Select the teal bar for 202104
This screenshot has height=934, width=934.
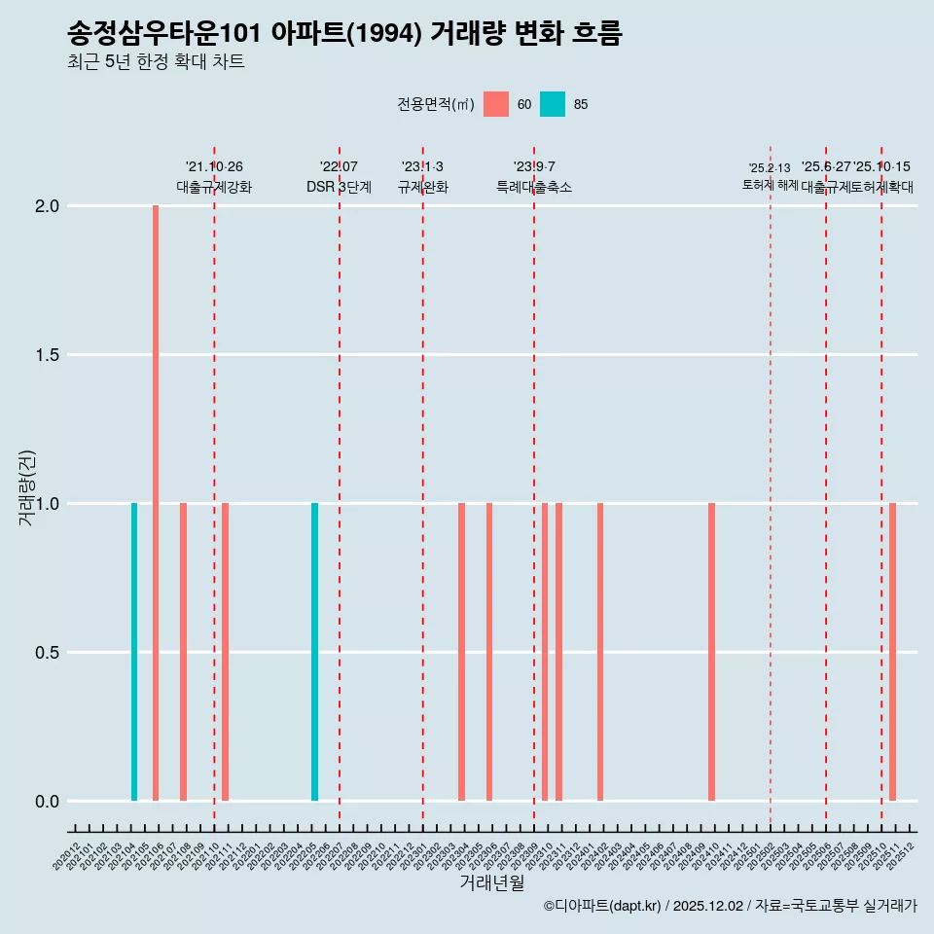(134, 652)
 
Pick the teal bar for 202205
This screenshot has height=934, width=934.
(314, 652)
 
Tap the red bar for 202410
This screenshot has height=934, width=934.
(711, 652)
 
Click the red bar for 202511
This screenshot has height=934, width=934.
(892, 652)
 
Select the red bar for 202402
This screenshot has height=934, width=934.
(600, 652)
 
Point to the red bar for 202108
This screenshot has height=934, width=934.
(183, 652)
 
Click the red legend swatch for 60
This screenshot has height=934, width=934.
(496, 104)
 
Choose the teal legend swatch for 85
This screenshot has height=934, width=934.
(553, 104)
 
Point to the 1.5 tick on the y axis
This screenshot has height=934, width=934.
(47, 355)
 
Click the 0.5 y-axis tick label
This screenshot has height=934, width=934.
(47, 653)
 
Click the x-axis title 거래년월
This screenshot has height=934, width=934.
(491, 882)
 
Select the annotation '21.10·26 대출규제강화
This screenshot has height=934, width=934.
(214, 177)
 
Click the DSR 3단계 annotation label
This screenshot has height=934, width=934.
(339, 188)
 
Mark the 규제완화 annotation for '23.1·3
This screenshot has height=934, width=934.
(422, 188)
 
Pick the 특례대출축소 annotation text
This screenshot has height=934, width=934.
(533, 188)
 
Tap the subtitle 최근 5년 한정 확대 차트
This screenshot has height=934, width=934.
(156, 62)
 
